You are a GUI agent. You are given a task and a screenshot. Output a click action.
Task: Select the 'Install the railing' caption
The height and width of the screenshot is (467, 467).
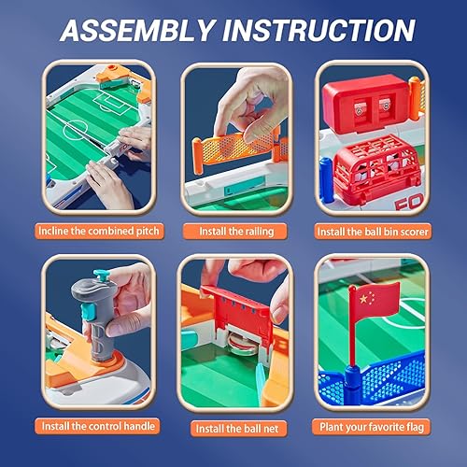[233, 229]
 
